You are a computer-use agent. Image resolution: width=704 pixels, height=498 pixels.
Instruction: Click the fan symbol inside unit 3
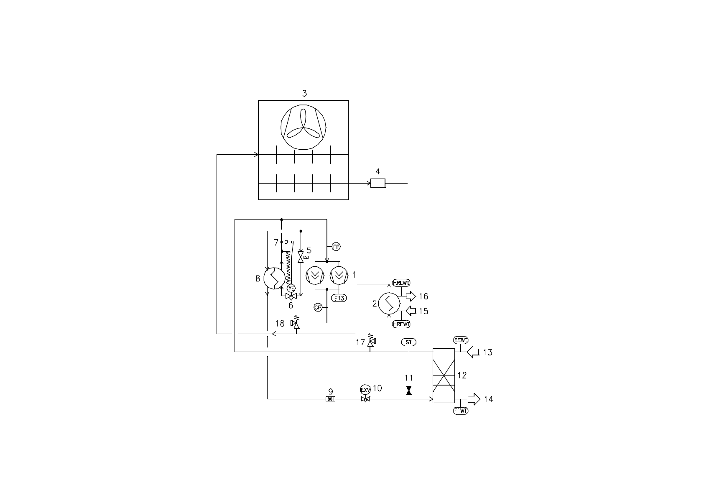[x=304, y=128]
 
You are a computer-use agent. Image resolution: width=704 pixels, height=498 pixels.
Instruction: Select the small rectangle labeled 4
[x=378, y=183]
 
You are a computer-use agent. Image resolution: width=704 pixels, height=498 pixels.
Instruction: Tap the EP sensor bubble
[x=337, y=247]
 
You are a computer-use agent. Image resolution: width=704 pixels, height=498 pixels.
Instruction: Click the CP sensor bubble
[x=318, y=308]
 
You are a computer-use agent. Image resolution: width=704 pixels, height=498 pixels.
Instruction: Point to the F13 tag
[x=339, y=298]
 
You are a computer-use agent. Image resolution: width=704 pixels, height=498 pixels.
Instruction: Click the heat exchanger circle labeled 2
[x=389, y=304]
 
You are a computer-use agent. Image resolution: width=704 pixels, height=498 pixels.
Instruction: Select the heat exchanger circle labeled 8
[x=275, y=278]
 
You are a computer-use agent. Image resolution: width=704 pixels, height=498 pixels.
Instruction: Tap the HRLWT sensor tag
[x=401, y=283]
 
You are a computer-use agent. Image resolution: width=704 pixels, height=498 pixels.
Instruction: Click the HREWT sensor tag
[x=401, y=324]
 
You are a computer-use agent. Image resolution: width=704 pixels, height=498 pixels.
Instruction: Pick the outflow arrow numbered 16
[x=411, y=296]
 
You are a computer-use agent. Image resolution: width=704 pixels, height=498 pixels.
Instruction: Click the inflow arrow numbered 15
[x=411, y=311]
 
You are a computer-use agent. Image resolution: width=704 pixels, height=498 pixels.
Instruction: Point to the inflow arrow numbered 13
[x=473, y=352]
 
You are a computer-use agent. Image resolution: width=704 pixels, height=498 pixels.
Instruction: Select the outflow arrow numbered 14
[x=474, y=399]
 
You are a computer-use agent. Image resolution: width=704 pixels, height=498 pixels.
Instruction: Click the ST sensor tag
[x=409, y=342]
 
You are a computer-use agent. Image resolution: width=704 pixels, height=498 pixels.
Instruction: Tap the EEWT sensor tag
[x=461, y=340]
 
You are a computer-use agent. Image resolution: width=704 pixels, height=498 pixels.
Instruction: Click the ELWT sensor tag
[x=461, y=411]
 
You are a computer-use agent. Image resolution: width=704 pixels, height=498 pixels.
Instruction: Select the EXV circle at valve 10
[x=365, y=390]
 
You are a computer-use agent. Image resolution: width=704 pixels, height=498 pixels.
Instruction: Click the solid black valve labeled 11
[x=409, y=391]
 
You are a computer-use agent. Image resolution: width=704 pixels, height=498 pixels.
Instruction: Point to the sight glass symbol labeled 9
[x=330, y=399]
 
